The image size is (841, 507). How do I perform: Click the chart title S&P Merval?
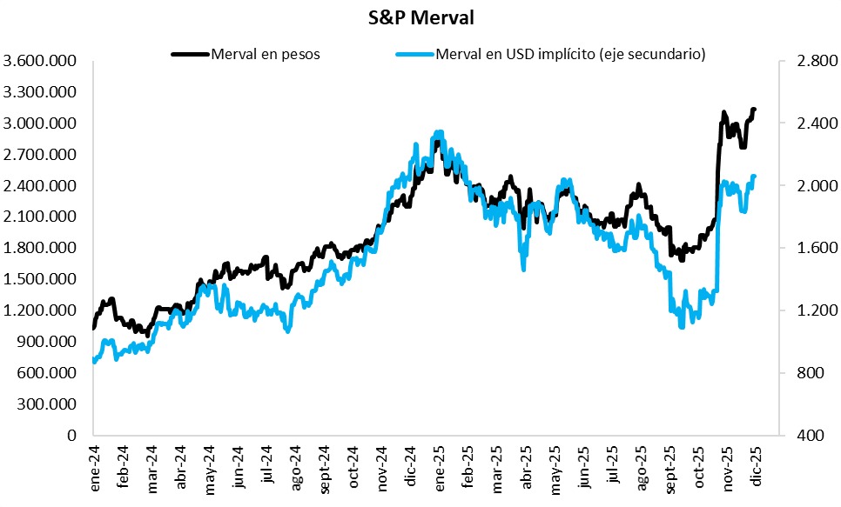coord(421,17)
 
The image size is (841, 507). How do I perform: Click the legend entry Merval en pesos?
coord(266,54)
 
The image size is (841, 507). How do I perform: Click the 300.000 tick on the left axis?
coord(49,404)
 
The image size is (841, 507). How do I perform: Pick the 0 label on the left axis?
coord(74,435)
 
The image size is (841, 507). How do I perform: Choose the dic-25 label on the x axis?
coord(757,471)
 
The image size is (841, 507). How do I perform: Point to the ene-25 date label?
coord(439,471)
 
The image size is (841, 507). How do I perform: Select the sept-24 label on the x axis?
coord(324,473)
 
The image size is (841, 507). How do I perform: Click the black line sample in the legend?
coord(190,54)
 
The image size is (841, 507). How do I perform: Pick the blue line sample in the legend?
coord(414,54)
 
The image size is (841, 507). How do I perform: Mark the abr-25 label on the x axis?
coord(525,471)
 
